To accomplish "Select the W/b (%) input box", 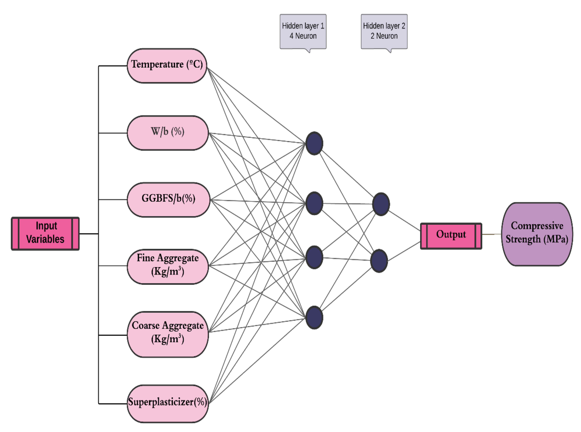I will click(x=168, y=133).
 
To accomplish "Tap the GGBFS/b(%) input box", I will click(x=168, y=199).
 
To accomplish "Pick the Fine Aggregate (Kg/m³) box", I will click(x=168, y=266).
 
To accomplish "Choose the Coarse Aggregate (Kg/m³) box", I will click(x=168, y=334).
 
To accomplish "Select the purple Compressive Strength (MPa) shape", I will click(x=537, y=234).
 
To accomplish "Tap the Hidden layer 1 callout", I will click(x=303, y=31).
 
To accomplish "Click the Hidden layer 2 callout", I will click(x=384, y=31).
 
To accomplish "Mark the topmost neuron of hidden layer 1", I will click(x=314, y=143).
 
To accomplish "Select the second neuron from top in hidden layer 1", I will click(x=314, y=203).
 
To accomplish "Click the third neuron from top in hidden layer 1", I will click(x=314, y=257).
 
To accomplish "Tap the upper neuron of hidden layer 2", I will click(x=381, y=204).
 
